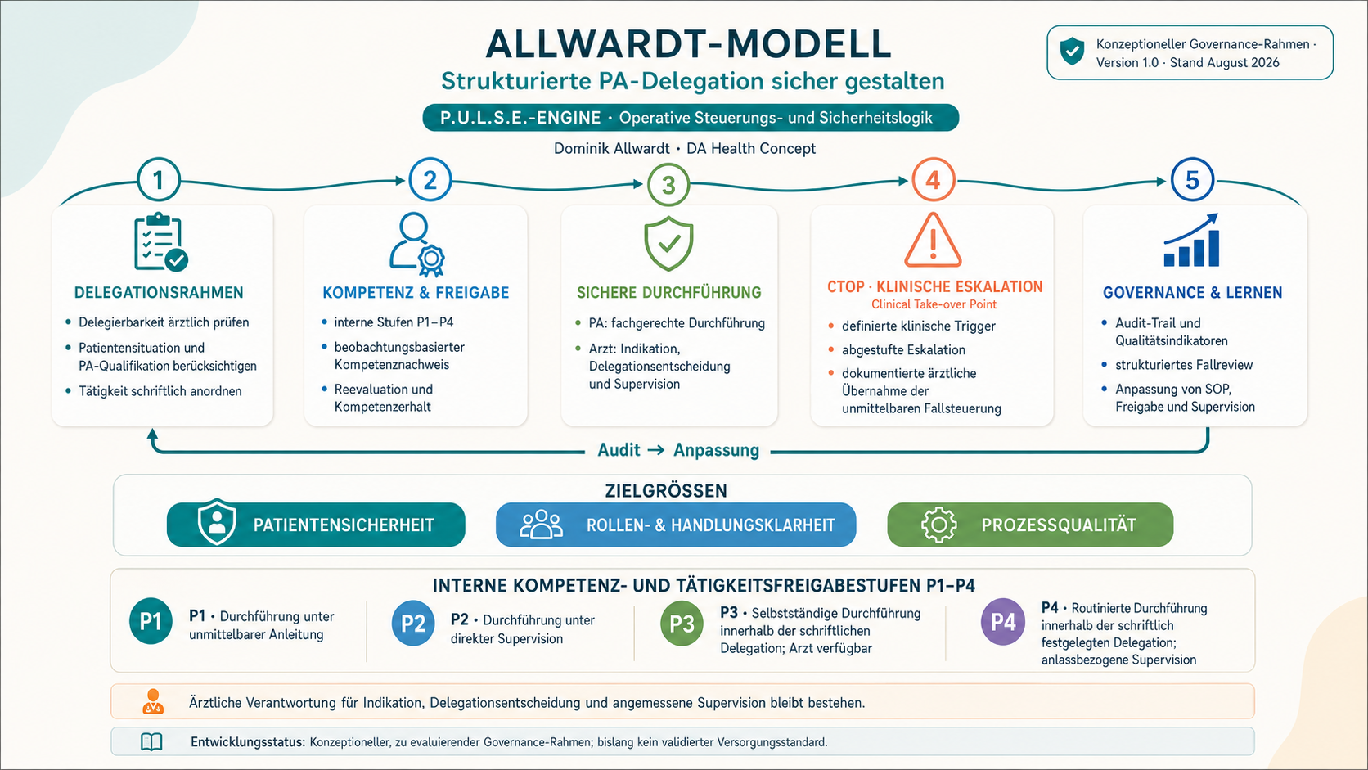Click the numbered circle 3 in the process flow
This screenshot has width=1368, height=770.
coord(668,184)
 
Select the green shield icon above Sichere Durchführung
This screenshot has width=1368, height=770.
coord(668,243)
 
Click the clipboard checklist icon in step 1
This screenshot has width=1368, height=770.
coord(160,242)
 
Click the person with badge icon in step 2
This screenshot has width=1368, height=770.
coord(417,244)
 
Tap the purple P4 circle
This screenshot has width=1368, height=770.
coord(1003,622)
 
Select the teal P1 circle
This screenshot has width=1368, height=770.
coord(151,621)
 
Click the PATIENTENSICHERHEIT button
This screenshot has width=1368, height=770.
coord(316,525)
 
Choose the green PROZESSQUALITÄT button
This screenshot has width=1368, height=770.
coord(1030,525)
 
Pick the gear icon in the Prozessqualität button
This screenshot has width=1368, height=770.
coord(938,525)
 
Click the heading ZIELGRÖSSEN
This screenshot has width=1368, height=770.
coord(666,491)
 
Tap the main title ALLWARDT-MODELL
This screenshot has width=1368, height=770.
coord(689,44)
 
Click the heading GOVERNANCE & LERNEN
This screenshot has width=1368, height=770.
coord(1192,292)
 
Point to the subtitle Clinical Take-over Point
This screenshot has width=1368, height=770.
coord(934,304)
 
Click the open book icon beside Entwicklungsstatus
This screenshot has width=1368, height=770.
coord(151,742)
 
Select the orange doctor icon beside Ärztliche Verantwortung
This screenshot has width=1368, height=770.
coord(153,701)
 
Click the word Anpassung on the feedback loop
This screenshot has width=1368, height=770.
coord(717,450)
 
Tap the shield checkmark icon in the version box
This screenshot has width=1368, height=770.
coord(1072,52)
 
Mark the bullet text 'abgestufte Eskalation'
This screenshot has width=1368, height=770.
coord(903,350)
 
